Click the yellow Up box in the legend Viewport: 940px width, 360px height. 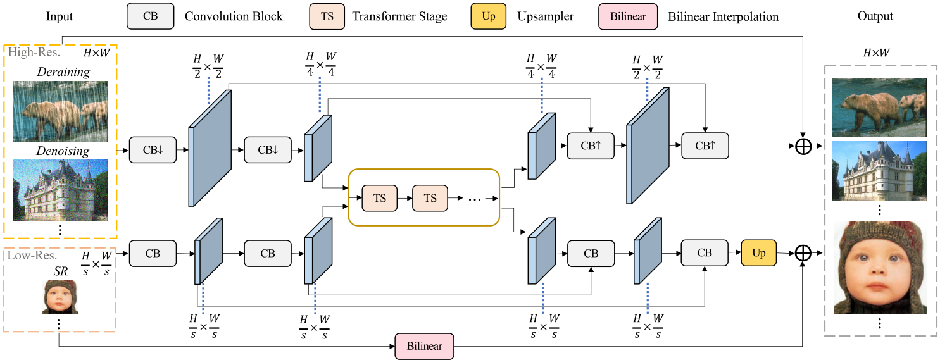tap(488, 16)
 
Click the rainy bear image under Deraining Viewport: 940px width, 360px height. tap(60, 110)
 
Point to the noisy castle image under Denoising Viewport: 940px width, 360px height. tap(60, 189)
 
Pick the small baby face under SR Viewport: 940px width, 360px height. tap(60, 297)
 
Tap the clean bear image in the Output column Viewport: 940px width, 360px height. tap(879, 107)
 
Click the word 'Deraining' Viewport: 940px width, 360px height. tap(63, 72)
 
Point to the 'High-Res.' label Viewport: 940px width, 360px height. tap(34, 53)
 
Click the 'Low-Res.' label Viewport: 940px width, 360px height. tap(33, 256)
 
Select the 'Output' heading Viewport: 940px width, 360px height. tap(875, 16)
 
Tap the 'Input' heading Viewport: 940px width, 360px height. tap(60, 16)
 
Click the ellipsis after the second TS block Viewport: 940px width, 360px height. tap(474, 199)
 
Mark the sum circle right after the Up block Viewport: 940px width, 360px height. tap(802, 253)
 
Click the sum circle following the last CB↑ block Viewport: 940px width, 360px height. tap(802, 146)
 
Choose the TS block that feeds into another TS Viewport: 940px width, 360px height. tap(379, 198)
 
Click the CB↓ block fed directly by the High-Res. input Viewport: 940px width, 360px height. tap(153, 150)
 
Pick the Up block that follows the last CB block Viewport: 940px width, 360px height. tap(758, 253)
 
